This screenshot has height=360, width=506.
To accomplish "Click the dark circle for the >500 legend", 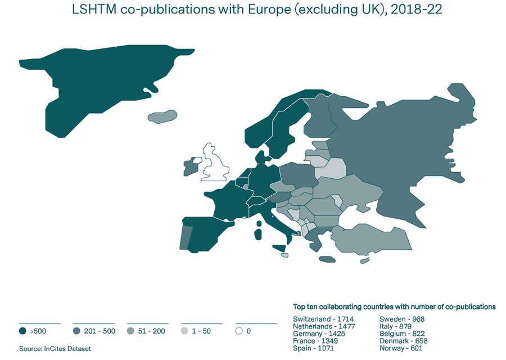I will click(x=22, y=331).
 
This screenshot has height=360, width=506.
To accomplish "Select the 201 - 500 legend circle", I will click(x=76, y=331).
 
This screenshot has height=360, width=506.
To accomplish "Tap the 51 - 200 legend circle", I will click(x=130, y=331).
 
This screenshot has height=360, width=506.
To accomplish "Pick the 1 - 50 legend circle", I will click(x=184, y=331).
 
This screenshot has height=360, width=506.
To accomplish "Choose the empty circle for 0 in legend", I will click(x=239, y=331).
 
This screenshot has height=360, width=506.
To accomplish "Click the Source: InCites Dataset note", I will click(x=55, y=349).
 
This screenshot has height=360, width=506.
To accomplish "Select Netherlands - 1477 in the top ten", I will click(x=324, y=326).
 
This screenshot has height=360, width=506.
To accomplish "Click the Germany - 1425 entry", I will click(x=319, y=334).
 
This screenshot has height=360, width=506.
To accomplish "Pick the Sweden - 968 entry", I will click(x=402, y=319).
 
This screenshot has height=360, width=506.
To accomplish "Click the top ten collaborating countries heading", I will click(x=394, y=307).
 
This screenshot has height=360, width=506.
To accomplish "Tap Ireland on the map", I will click(x=191, y=167).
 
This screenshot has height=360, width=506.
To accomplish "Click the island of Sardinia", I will click(x=259, y=231).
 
